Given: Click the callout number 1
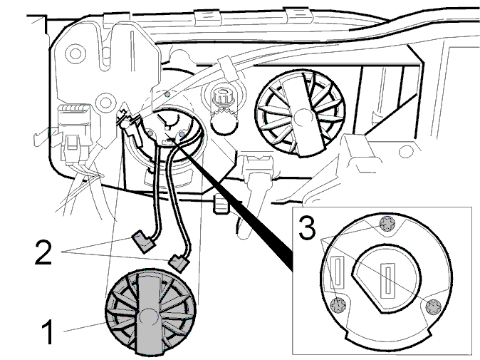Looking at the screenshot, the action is click(x=48, y=331).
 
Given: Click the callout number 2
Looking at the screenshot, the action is click(x=43, y=252).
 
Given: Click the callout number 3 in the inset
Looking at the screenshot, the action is click(x=307, y=227).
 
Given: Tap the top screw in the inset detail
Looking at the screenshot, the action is click(x=387, y=225).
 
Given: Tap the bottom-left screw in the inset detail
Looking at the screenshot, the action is click(x=338, y=305).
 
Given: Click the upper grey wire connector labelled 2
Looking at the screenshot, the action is click(x=143, y=242).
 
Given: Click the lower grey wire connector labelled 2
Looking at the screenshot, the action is click(x=179, y=262).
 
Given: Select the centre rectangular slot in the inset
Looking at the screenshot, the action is click(x=388, y=282).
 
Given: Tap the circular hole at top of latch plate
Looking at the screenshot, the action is click(x=75, y=53).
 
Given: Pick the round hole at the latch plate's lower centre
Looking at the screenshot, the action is click(x=105, y=102).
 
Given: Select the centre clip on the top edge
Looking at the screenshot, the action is click(x=208, y=18).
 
